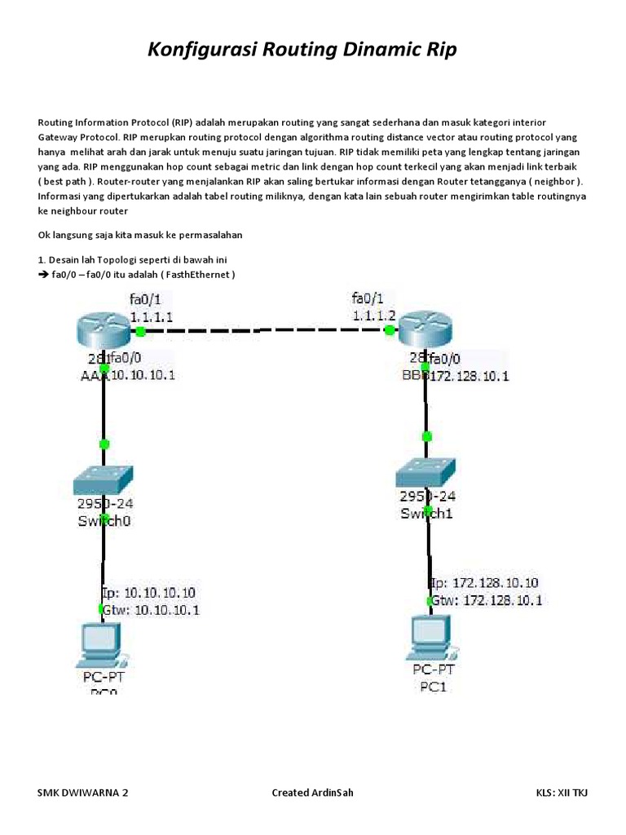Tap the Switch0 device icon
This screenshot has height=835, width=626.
(x=103, y=480)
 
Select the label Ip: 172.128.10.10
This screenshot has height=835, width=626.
(x=485, y=584)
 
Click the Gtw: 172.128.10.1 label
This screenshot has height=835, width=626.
(x=487, y=600)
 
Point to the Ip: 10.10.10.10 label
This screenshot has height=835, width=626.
(x=149, y=592)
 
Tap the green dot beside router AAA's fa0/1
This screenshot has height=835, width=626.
(x=140, y=331)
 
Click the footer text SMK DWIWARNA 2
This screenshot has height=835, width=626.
(x=83, y=793)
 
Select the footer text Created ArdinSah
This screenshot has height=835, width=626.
(x=312, y=793)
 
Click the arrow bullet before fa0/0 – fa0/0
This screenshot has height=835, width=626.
(x=43, y=275)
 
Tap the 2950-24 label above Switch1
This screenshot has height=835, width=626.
(x=427, y=496)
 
